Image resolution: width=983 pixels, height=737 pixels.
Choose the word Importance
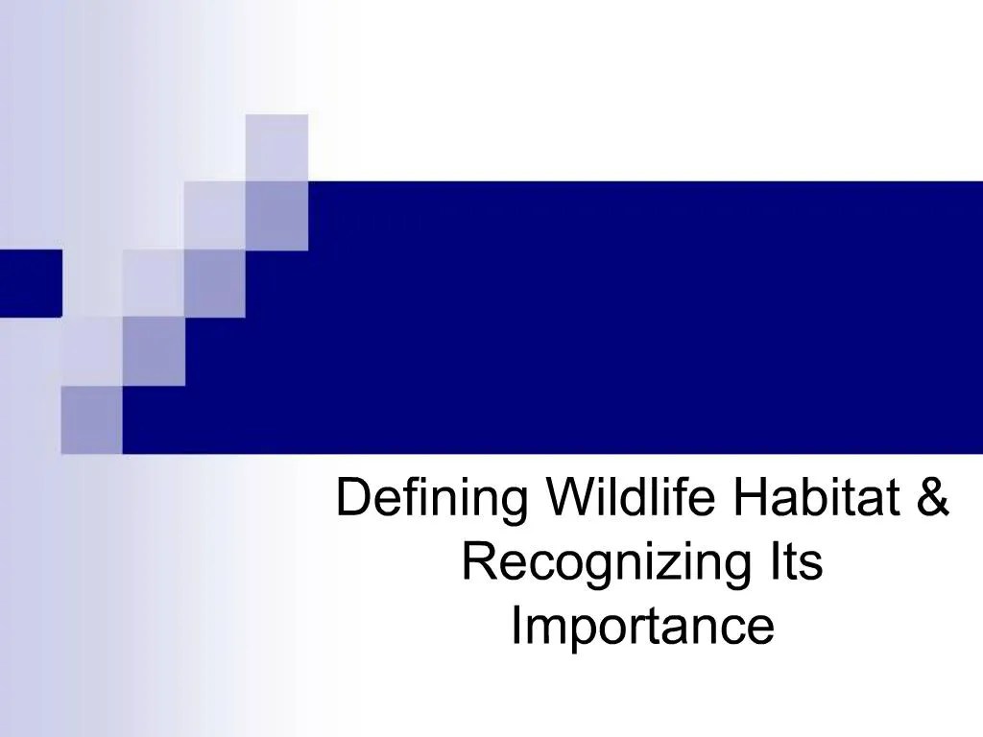pyautogui.click(x=641, y=628)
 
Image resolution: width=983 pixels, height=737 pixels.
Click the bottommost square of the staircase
pyautogui.click(x=92, y=418)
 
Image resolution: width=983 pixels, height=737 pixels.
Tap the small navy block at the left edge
pyautogui.click(x=30, y=282)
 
